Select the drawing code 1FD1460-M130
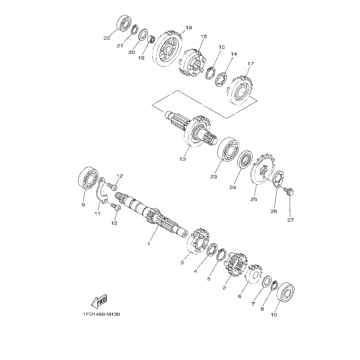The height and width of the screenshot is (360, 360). pyautogui.click(x=101, y=314)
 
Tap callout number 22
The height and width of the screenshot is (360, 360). pyautogui.click(x=107, y=38)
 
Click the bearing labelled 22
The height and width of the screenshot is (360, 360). pyautogui.click(x=124, y=23)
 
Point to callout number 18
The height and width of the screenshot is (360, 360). pyautogui.click(x=189, y=28)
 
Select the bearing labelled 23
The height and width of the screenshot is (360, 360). pyautogui.click(x=228, y=149)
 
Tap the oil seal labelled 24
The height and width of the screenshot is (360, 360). pyautogui.click(x=245, y=160)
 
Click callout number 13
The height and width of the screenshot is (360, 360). pyautogui.click(x=183, y=159)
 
